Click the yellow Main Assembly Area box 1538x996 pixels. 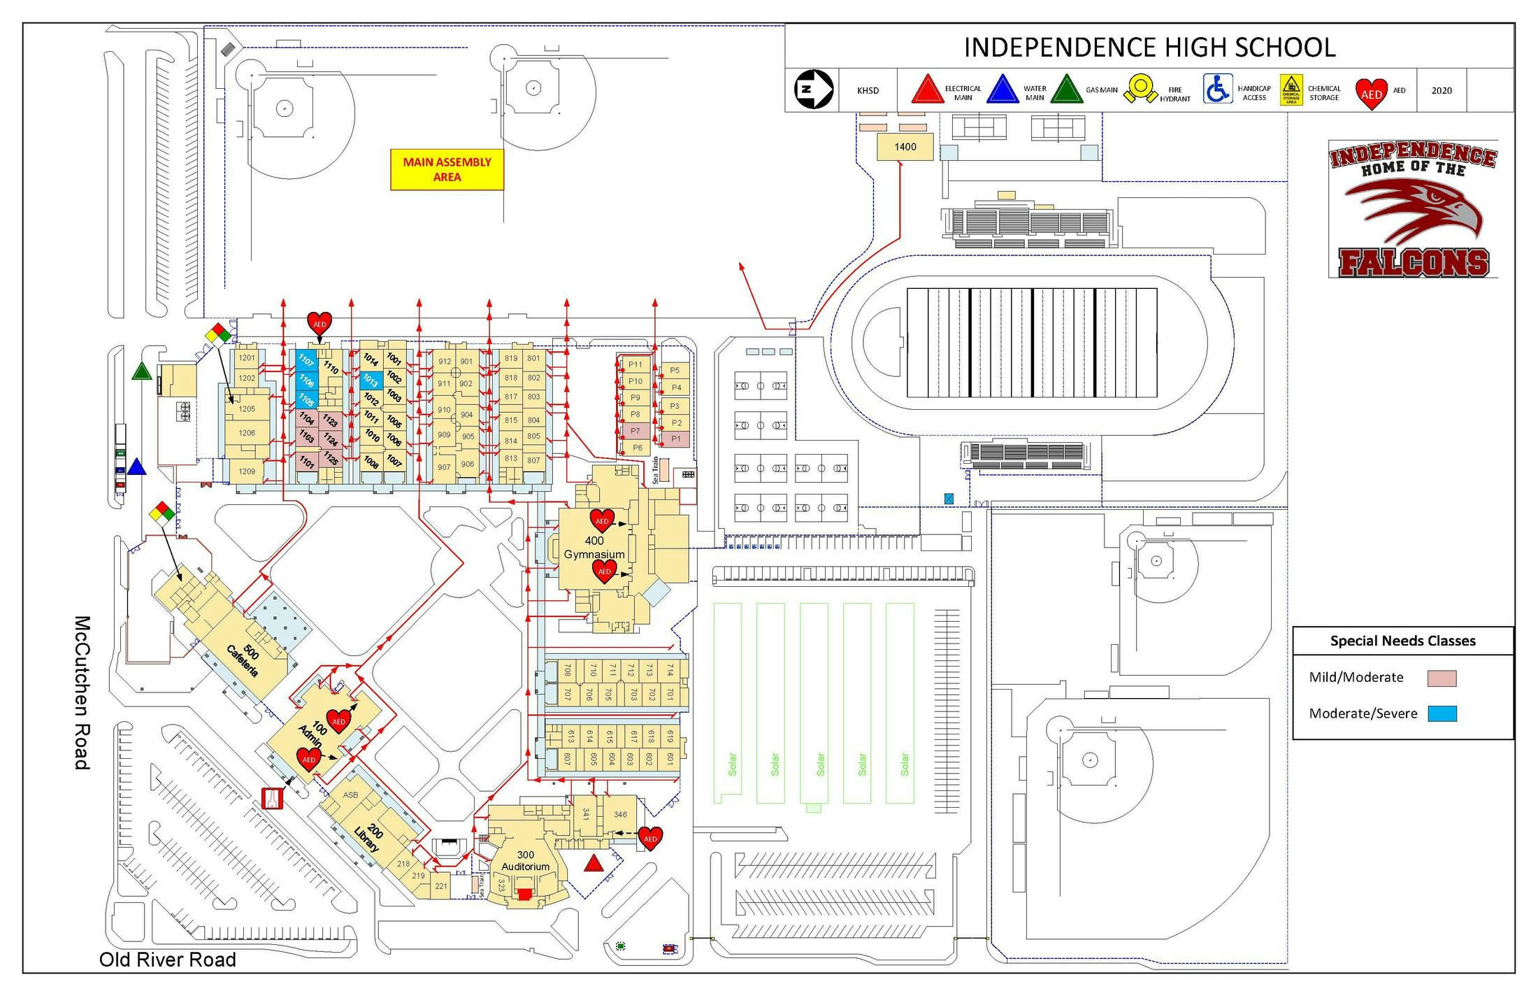tap(447, 170)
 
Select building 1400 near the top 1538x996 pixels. tap(905, 147)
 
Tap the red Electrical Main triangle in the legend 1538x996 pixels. tap(928, 90)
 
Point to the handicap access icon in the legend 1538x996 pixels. tap(1217, 90)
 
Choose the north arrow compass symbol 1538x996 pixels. tap(814, 90)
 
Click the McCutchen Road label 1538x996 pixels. tap(82, 692)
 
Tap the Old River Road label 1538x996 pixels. tap(168, 960)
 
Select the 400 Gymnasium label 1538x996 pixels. tap(594, 548)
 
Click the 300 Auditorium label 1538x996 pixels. tap(526, 861)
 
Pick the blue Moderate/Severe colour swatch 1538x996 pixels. tap(1442, 713)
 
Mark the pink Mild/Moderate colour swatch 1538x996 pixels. tap(1442, 678)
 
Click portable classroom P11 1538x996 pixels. tap(635, 364)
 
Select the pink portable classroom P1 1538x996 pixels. tap(675, 439)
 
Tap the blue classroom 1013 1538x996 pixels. tap(371, 380)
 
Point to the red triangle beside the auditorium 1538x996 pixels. tap(594, 863)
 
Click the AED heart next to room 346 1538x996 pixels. tap(650, 838)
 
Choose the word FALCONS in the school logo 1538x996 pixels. tap(1414, 262)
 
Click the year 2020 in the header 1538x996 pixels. tap(1441, 90)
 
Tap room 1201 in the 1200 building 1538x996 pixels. tap(247, 358)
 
